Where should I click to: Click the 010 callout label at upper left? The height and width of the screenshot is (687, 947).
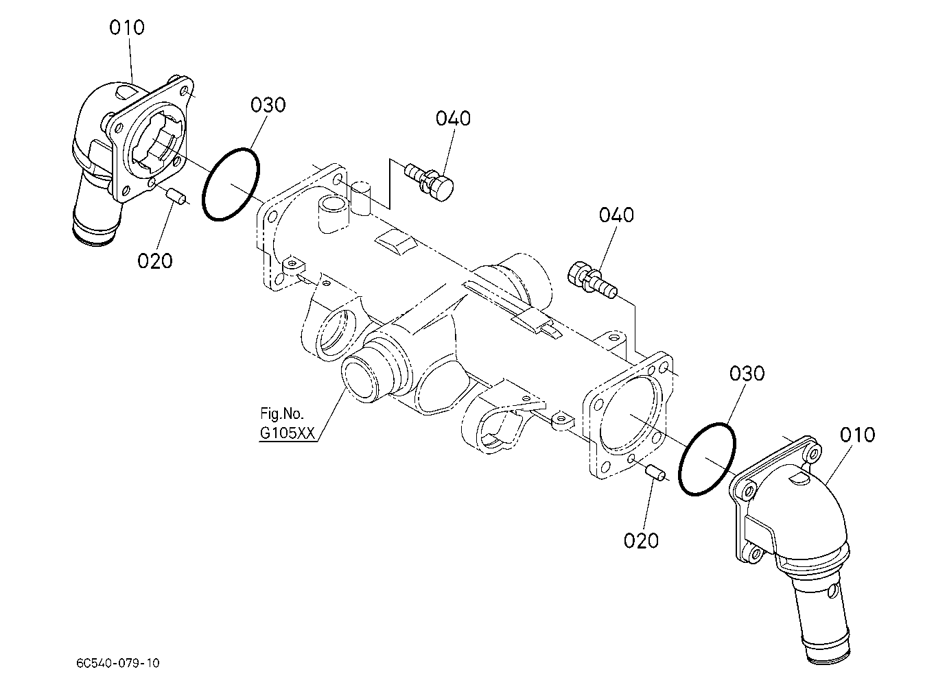pyautogui.click(x=127, y=27)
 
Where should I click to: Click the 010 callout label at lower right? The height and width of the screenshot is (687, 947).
pyautogui.click(x=857, y=435)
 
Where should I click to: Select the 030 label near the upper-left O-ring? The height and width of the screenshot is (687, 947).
pyautogui.click(x=268, y=105)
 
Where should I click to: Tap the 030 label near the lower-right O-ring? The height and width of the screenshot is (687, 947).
pyautogui.click(x=747, y=374)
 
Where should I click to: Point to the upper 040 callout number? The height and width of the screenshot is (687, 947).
pyautogui.click(x=453, y=119)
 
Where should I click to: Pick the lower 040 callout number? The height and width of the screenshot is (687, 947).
pyautogui.click(x=616, y=215)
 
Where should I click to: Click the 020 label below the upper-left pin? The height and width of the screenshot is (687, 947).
pyautogui.click(x=154, y=261)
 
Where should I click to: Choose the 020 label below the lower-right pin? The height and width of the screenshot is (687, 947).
pyautogui.click(x=641, y=541)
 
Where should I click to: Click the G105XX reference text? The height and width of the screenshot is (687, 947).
pyautogui.click(x=288, y=433)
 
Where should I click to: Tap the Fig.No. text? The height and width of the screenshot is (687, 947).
pyautogui.click(x=282, y=413)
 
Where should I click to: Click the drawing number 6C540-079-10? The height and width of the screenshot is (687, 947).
pyautogui.click(x=118, y=663)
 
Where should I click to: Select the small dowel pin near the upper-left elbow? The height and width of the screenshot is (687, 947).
pyautogui.click(x=176, y=197)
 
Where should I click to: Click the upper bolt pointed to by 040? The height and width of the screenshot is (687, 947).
pyautogui.click(x=429, y=182)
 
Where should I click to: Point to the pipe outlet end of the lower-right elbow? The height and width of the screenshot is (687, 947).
pyautogui.click(x=828, y=653)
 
